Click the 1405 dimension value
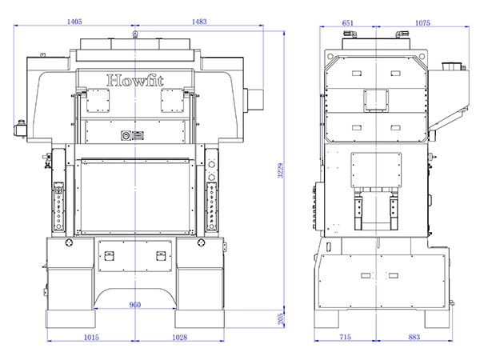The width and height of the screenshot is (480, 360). coord(74,22)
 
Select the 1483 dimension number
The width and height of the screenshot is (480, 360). coord(199,22)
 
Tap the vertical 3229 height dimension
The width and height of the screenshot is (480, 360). coord(281,170)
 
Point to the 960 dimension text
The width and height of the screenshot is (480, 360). coord(135,305)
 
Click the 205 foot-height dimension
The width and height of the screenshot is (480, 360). coord(281,319)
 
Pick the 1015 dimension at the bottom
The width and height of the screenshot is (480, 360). coord(91,338)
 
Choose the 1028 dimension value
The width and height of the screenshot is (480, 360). coord(179,338)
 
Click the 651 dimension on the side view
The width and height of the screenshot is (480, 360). coord(348,23)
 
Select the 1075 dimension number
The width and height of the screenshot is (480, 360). coord(422,23)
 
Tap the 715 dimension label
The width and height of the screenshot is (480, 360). coord(346,337)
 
